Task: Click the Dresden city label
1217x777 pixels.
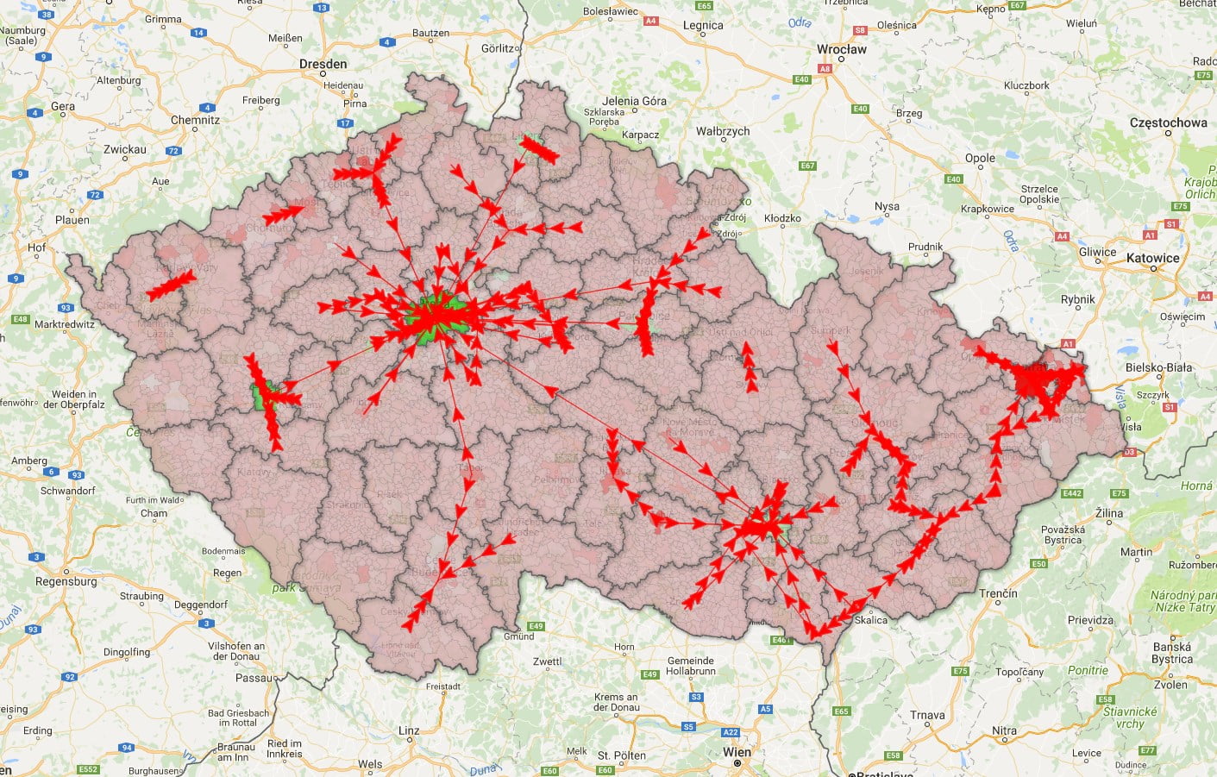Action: (323, 64)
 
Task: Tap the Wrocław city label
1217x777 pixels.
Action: (841, 49)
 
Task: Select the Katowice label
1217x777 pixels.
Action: (1152, 258)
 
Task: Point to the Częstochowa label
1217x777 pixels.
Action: (1168, 122)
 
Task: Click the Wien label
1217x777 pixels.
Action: (737, 752)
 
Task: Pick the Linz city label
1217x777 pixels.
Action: (409, 730)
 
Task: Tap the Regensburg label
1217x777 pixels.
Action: (66, 581)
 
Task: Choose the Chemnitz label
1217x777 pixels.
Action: (195, 120)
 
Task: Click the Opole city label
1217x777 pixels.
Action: (980, 158)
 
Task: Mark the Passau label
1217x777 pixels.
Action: (254, 678)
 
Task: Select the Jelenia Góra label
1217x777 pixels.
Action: (634, 101)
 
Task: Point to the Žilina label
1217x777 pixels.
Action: (1109, 513)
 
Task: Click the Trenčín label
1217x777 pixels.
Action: (998, 593)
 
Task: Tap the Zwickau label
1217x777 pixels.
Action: (125, 149)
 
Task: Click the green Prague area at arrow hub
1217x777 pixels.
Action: (438, 316)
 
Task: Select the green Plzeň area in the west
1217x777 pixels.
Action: (260, 395)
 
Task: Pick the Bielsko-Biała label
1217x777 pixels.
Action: (1158, 367)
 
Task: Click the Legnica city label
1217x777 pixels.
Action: (703, 25)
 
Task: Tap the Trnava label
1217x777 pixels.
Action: (927, 715)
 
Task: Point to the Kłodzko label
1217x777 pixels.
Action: (782, 218)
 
